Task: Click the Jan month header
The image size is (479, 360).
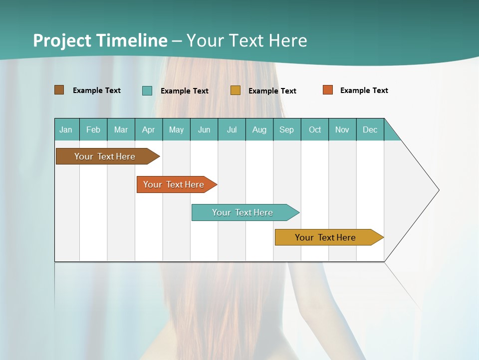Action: tap(66, 129)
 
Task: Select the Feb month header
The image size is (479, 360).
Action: tap(93, 129)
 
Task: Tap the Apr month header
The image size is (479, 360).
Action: tap(148, 129)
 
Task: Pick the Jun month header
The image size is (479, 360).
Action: tap(204, 129)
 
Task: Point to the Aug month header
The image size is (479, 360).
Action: tap(259, 129)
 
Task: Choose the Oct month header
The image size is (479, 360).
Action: tap(315, 129)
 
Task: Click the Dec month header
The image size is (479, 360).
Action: tap(370, 129)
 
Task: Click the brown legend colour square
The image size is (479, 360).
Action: tap(59, 90)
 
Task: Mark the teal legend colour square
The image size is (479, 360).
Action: tap(147, 90)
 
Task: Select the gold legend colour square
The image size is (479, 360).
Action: tap(236, 90)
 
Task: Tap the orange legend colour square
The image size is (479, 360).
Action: tap(328, 90)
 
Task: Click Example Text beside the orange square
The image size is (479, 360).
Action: tap(364, 90)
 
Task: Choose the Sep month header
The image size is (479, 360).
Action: tap(286, 129)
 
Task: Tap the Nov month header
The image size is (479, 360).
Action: tap(342, 129)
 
